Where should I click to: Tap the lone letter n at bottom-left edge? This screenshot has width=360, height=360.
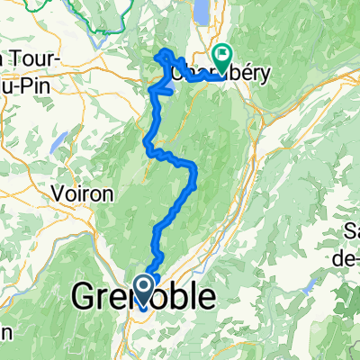pos(4,331)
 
